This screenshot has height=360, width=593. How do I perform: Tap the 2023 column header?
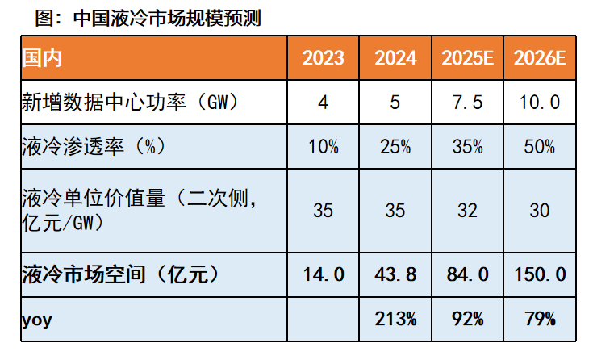pos(323,58)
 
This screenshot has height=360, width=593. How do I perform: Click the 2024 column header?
pos(395,58)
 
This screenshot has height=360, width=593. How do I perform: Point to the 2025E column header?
pos(468,58)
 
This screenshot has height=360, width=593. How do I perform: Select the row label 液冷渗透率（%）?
pos(93,147)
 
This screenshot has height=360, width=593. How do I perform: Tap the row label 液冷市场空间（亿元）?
pos(120,274)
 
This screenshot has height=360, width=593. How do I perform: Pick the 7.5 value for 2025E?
pos(468,103)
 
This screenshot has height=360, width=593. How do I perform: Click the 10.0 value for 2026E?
pos(540,103)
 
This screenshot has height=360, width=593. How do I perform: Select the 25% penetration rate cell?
pos(395,147)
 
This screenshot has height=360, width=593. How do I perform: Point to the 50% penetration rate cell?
pos(540,147)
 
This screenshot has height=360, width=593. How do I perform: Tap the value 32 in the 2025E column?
pos(468,211)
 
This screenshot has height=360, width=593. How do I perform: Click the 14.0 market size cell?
pos(323,274)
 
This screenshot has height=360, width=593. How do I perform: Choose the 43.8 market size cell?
pos(395,274)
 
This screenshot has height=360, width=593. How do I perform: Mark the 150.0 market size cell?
pos(540,274)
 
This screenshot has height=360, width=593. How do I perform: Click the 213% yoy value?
pos(395,320)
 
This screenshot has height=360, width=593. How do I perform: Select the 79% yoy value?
pos(540,320)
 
